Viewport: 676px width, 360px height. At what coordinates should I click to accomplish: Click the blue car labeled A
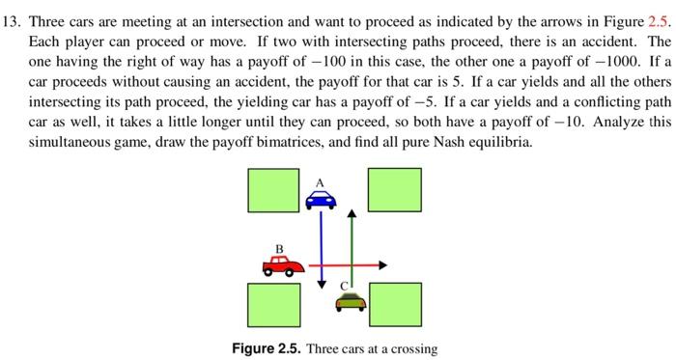point(321,198)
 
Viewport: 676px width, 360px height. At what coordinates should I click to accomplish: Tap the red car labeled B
point(283,263)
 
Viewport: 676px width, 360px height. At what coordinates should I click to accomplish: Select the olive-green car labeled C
point(351,302)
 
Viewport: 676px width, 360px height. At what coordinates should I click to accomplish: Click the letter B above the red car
point(279,248)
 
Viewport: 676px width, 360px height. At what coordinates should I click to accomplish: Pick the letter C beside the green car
point(342,285)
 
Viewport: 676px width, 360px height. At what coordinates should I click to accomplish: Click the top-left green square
point(267,189)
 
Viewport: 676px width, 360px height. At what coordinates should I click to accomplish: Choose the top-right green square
point(394,189)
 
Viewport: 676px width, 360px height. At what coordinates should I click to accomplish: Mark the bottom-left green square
point(267,305)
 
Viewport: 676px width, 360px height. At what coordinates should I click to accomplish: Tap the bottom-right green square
point(394,305)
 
